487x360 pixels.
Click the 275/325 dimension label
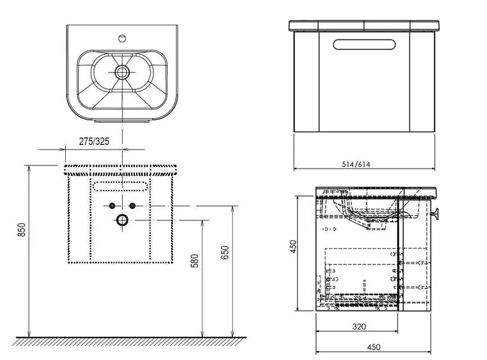click(x=94, y=141)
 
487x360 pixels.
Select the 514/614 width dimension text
click(x=356, y=164)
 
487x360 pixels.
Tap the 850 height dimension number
click(x=22, y=229)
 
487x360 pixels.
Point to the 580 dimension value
click(x=195, y=261)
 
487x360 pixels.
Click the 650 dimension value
click(x=225, y=253)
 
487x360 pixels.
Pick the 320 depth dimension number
click(x=359, y=326)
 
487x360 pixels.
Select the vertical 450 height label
click(x=293, y=246)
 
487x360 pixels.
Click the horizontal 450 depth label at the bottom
click(x=373, y=346)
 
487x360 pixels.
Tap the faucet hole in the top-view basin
click(x=122, y=38)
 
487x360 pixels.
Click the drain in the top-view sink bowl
click(x=122, y=72)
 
